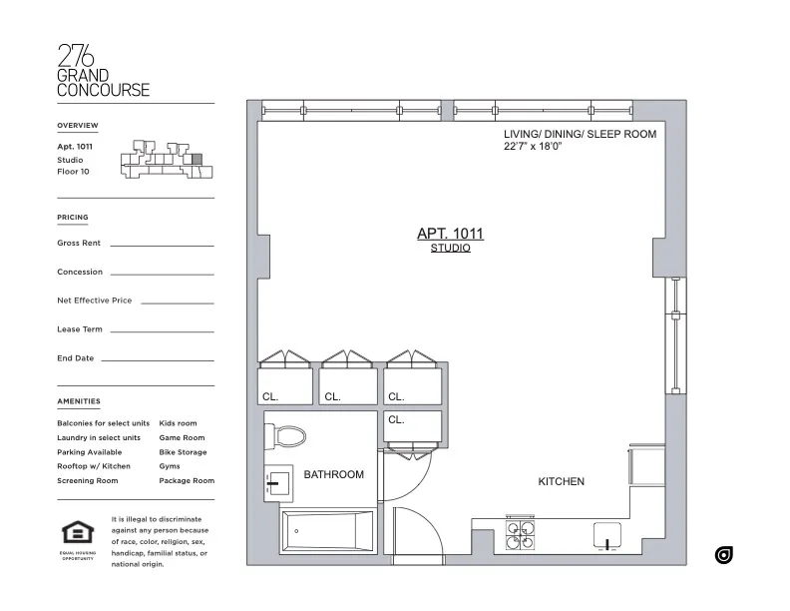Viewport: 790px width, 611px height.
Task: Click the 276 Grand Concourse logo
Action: (104, 71)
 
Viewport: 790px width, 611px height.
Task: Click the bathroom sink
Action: (277, 483)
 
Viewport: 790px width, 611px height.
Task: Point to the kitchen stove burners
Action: (520, 535)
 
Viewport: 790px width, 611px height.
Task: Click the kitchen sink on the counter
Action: (607, 536)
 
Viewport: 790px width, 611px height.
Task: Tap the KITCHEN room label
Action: (562, 481)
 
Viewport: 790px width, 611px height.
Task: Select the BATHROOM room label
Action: (334, 474)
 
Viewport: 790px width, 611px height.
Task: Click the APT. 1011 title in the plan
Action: (449, 234)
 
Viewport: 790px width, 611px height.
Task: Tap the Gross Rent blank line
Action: (162, 244)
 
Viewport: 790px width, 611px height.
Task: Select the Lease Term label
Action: (80, 329)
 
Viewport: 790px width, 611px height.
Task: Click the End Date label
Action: (76, 358)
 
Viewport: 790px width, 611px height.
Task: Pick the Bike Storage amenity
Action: (183, 452)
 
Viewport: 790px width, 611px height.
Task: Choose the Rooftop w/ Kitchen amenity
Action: (94, 466)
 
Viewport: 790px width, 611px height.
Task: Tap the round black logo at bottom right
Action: (724, 554)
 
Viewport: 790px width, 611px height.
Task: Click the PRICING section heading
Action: (73, 217)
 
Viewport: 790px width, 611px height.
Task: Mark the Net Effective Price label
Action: (95, 301)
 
